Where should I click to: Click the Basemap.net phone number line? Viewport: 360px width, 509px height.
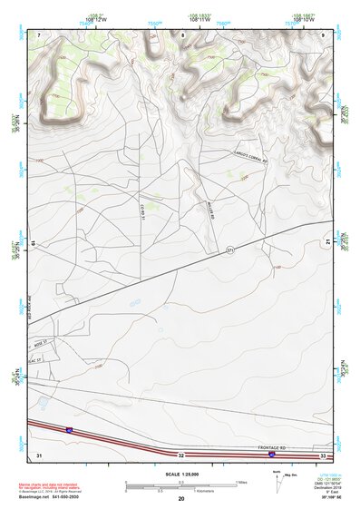(51, 498)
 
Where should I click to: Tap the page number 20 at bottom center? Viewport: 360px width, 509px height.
(181, 499)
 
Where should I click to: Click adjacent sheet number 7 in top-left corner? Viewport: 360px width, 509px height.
(39, 34)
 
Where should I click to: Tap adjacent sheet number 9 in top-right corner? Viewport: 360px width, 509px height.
(323, 34)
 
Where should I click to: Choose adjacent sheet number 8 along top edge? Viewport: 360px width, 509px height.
(182, 34)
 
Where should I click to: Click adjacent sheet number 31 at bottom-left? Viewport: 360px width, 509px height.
(39, 454)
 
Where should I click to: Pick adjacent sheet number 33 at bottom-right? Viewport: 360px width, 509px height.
(323, 454)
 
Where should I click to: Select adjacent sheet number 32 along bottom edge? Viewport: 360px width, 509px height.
(181, 454)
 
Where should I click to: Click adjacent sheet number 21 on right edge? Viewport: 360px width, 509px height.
(326, 242)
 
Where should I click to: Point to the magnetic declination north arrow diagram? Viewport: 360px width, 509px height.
(276, 477)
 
